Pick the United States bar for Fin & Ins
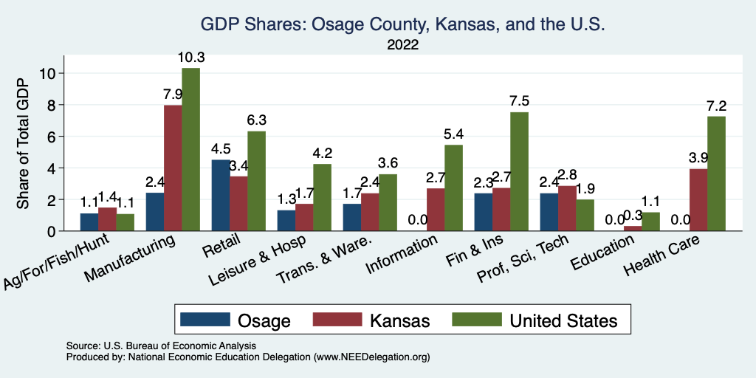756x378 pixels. (x=519, y=172)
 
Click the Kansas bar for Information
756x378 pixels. (x=436, y=210)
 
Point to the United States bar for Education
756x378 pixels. (x=650, y=222)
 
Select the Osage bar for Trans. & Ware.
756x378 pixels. (x=352, y=218)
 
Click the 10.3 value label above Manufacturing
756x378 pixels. (x=190, y=57)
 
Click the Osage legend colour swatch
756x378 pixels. (x=205, y=320)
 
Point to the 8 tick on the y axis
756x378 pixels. (x=51, y=105)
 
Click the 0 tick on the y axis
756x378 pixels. (x=51, y=231)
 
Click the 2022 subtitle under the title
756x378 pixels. (x=403, y=45)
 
